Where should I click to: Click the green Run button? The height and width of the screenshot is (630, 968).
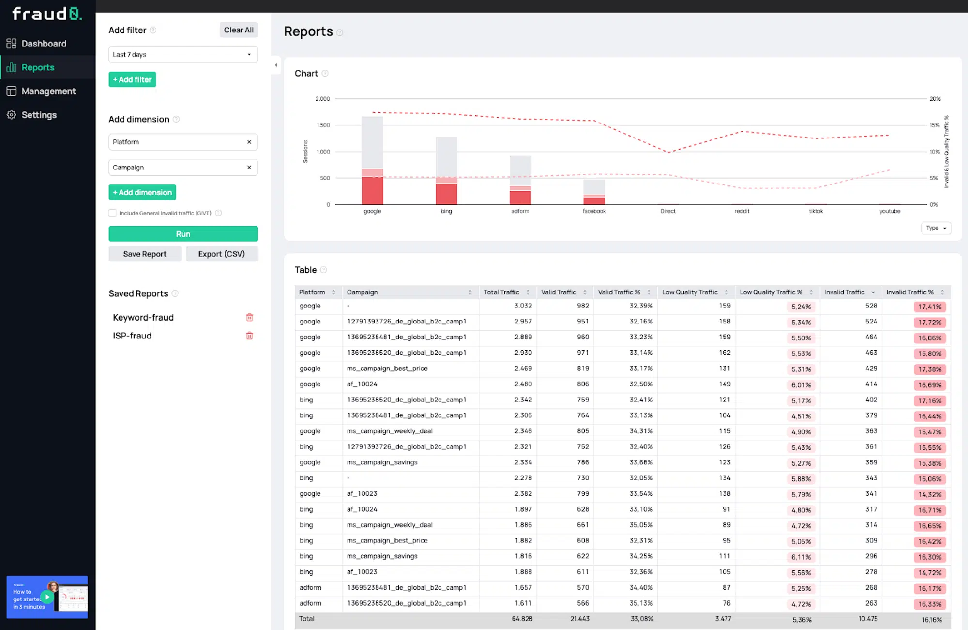coord(183,234)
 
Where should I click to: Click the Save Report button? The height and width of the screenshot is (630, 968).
coord(145,254)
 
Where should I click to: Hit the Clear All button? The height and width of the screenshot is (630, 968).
coord(239,30)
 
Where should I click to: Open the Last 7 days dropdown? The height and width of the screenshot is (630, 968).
coord(183,55)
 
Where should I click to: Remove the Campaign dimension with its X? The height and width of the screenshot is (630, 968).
coord(249,168)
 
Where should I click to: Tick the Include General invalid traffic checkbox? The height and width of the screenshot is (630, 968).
coord(113,213)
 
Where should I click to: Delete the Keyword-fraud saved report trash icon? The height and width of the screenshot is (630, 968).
coord(249,317)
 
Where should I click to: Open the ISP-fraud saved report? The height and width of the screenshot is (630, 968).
coord(132,336)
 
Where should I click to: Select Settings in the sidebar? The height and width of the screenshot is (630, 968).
coord(39,115)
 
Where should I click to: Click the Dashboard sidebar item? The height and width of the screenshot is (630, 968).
coord(44,44)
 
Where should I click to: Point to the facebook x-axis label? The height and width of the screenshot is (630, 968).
coord(594,211)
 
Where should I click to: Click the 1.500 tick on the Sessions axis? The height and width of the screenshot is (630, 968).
coord(323,125)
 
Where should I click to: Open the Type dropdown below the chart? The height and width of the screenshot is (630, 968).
coord(936,228)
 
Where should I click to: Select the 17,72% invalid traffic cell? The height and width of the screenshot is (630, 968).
coord(929,323)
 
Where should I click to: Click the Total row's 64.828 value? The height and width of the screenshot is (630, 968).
coord(522,619)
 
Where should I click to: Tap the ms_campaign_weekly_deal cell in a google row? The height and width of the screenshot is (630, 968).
coord(390,431)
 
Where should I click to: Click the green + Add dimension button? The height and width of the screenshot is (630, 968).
coord(142,192)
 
